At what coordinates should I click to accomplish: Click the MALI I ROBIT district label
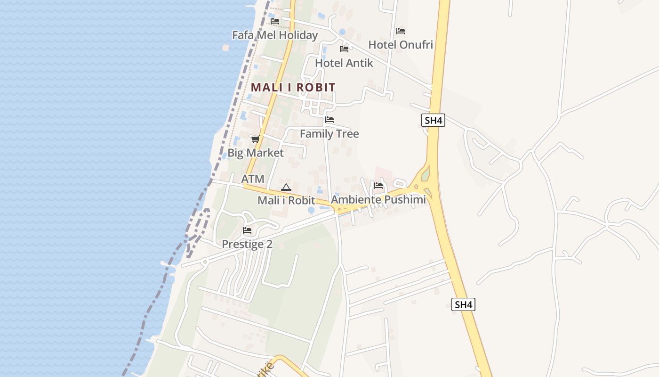293,87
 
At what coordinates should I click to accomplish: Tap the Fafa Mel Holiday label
275,35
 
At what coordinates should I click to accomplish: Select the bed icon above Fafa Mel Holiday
275,21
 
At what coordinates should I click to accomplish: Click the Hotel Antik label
344,63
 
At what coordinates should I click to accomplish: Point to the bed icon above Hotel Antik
344,49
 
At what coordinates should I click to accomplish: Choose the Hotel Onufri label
401,45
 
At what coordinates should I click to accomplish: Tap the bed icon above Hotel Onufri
401,31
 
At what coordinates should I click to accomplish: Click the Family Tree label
329,134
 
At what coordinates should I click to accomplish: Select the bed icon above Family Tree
329,120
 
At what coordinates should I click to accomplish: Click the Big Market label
256,153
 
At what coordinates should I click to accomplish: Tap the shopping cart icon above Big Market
255,139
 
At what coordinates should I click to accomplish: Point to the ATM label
253,179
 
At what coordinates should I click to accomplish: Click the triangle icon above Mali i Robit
286,187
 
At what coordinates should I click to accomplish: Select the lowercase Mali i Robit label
286,200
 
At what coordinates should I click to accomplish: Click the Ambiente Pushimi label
378,199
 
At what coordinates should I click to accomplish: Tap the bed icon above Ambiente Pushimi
378,186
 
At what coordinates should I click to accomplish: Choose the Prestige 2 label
247,244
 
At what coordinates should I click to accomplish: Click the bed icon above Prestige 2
247,230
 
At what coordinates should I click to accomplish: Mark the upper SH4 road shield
433,120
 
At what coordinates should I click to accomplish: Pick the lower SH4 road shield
464,304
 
